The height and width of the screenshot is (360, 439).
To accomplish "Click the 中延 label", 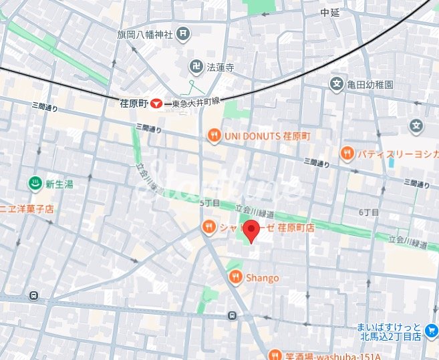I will coord(331,12).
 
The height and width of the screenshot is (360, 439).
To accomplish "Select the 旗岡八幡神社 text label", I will coord(146,34).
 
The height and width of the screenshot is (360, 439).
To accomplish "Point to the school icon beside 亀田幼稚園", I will coord(337,84).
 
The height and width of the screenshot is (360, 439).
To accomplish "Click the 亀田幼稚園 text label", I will coord(370,85).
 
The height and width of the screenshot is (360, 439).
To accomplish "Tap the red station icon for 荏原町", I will coord(156,104).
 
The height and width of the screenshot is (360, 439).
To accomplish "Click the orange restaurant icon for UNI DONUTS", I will coord(213,136).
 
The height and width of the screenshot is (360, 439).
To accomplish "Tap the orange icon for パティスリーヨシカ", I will coord(347,154).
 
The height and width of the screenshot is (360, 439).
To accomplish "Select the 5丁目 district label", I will coord(210,202).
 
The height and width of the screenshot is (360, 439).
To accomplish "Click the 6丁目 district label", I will coord(369,212).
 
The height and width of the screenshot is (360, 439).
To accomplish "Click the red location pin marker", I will coord(251,230).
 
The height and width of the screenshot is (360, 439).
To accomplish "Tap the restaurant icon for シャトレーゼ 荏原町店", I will coord(208,228).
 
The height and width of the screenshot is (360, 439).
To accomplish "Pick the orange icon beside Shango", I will coord(235,277).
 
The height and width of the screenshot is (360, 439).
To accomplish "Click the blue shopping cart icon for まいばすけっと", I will coord(431,332).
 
